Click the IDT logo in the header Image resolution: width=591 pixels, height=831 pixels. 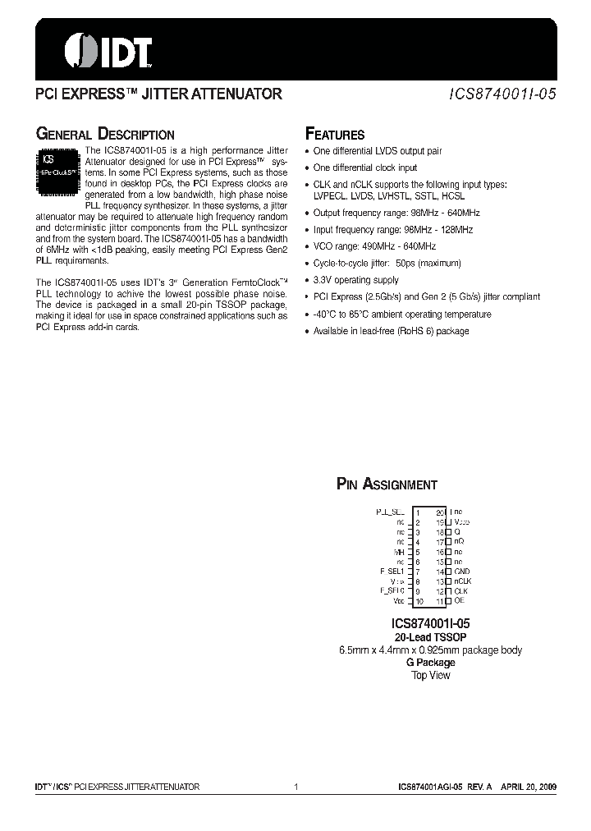pos(108,50)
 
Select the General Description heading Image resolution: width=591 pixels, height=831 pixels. pos(104,135)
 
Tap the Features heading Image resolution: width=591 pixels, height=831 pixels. pos(335,135)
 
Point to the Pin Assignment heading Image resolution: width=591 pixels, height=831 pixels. pos(387,484)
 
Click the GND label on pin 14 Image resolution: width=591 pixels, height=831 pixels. pos(462,572)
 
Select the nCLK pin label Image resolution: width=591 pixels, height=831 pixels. pos(462,581)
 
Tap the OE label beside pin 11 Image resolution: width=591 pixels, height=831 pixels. pos(459,601)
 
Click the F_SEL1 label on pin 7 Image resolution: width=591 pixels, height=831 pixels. pos(392,572)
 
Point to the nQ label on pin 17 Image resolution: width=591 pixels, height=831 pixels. pos(459,542)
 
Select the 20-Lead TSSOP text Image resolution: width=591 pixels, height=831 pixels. pos(429,637)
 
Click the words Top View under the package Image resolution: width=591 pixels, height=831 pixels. pos(430,675)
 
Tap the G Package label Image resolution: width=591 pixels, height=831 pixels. pos(430,663)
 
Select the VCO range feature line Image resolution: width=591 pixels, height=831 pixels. pos(374,246)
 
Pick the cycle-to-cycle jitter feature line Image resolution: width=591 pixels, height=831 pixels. pos(387,264)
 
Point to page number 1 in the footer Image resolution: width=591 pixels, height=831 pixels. pos(295,787)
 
